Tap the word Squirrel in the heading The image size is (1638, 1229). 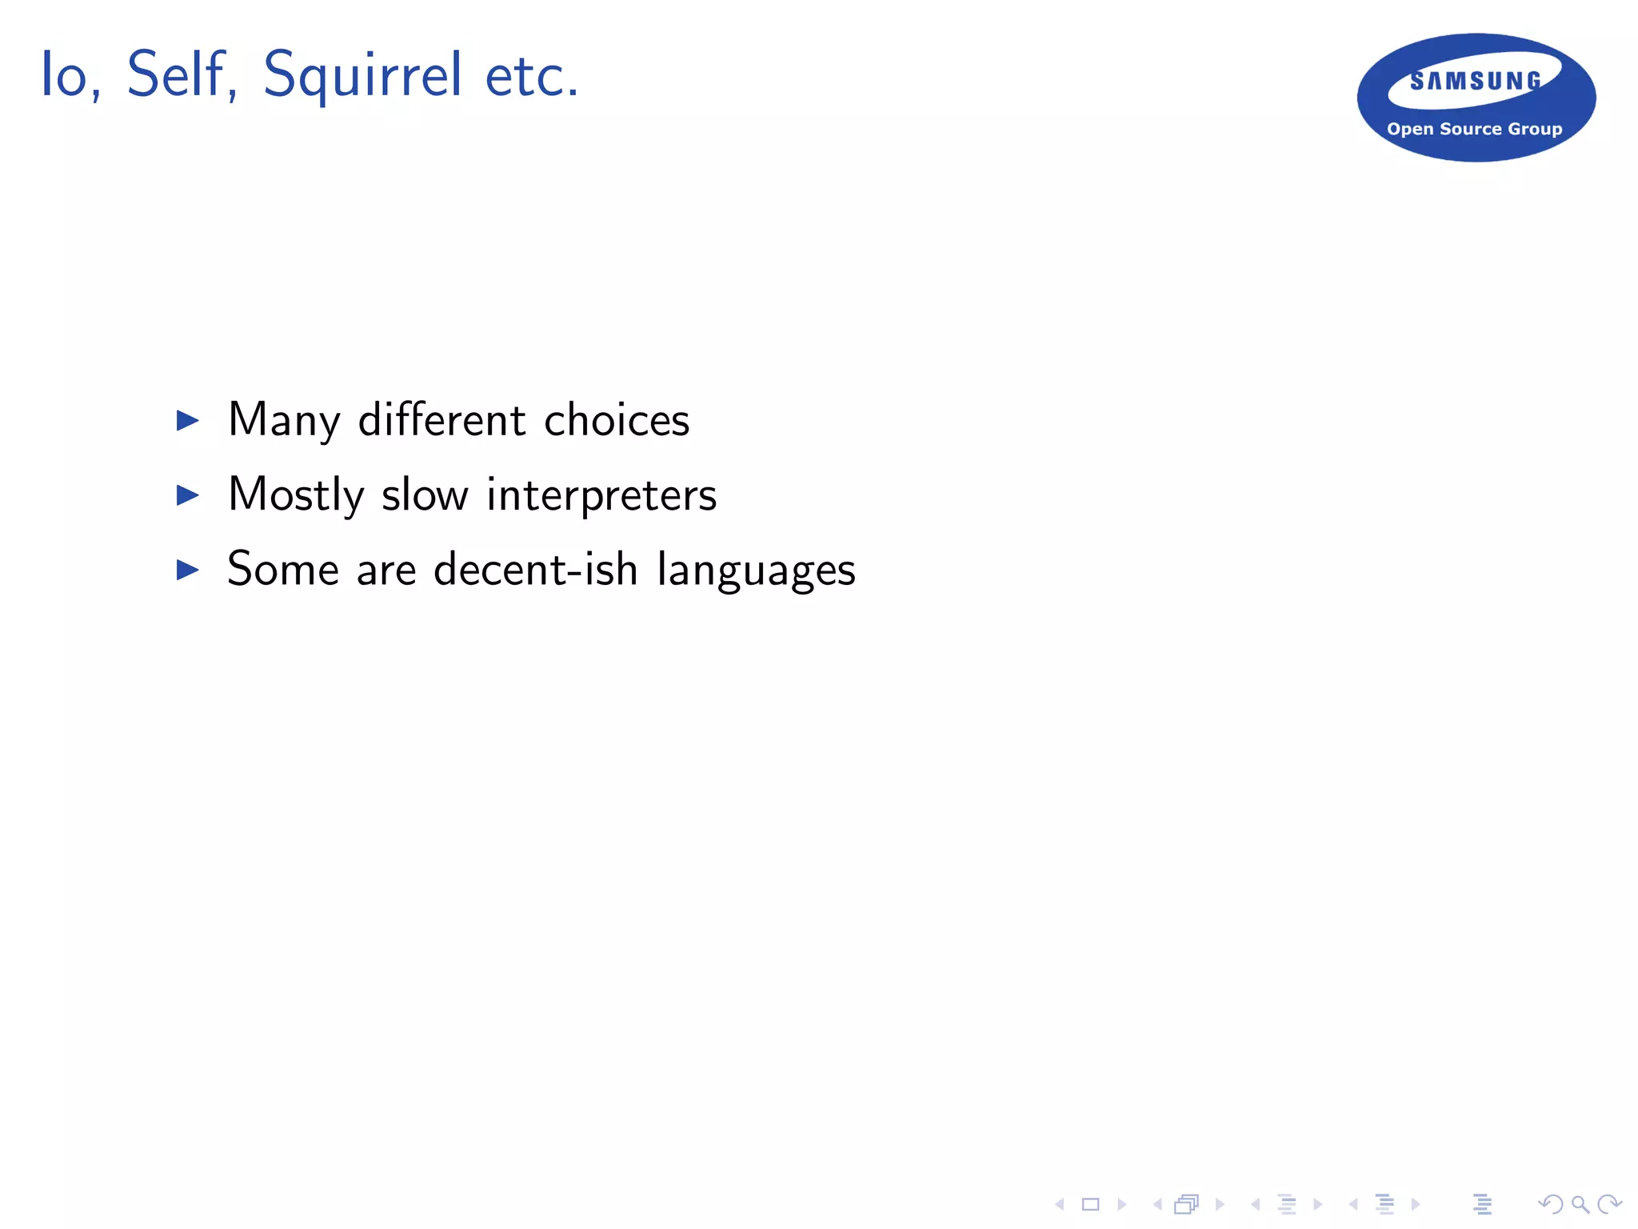(362, 77)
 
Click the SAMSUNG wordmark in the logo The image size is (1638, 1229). (1476, 81)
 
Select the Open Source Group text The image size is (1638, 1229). (1474, 129)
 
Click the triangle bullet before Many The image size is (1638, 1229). (188, 420)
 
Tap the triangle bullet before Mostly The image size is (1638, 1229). (188, 495)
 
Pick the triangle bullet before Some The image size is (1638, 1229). (188, 570)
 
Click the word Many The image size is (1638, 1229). (284, 421)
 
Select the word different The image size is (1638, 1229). (441, 420)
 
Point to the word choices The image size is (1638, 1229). (617, 420)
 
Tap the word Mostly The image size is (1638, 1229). (296, 496)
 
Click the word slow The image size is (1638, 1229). (425, 494)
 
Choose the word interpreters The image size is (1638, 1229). (601, 496)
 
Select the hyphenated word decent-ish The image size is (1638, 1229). (535, 570)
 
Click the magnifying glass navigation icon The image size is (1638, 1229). (1580, 1204)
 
